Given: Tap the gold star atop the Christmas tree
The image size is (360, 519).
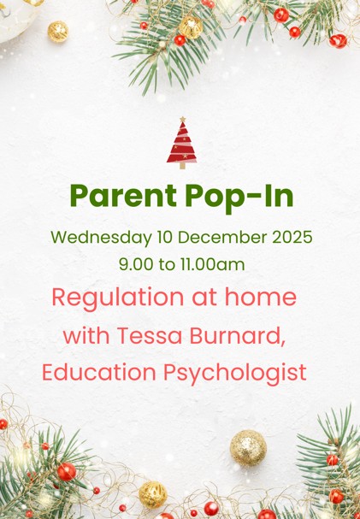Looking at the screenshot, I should coord(181,120).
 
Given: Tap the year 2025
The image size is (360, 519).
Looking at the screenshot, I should coord(290,236).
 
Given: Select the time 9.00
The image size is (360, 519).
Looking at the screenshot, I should coord(136,264).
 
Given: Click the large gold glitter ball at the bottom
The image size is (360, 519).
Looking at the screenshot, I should coord(248,447).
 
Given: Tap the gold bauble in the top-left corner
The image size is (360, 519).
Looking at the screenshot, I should coord(57,31).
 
